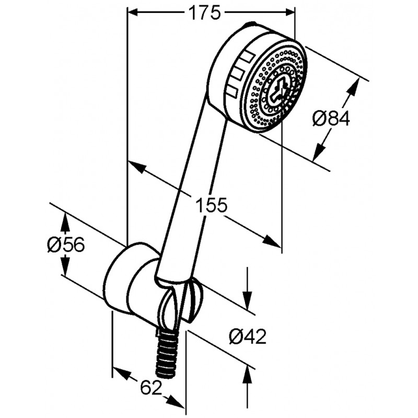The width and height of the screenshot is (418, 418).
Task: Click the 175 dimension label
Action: [x=205, y=13]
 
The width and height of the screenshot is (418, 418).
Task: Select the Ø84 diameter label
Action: [x=331, y=119]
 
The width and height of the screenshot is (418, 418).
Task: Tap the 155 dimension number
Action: [x=211, y=204]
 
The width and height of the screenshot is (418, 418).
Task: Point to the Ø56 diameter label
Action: [x=66, y=245]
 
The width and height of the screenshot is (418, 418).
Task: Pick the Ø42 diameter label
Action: [x=248, y=336]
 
